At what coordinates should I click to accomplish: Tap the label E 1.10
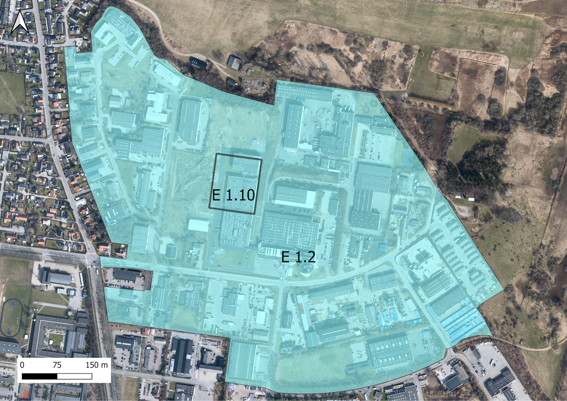tap(233, 195)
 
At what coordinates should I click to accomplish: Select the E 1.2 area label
tap(298, 257)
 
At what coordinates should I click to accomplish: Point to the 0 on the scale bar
tap(22, 365)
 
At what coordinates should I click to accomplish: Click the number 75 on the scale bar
tap(57, 365)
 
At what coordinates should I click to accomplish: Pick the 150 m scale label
tap(96, 365)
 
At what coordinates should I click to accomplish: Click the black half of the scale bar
tap(39, 376)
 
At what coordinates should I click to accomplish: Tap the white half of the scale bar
tap(74, 376)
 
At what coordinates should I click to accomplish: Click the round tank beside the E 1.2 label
tap(306, 268)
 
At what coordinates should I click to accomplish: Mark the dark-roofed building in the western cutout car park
tap(126, 275)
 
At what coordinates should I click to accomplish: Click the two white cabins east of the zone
tap(465, 198)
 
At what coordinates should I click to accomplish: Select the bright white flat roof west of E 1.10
tap(198, 225)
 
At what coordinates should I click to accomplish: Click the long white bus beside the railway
tap(81, 280)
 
